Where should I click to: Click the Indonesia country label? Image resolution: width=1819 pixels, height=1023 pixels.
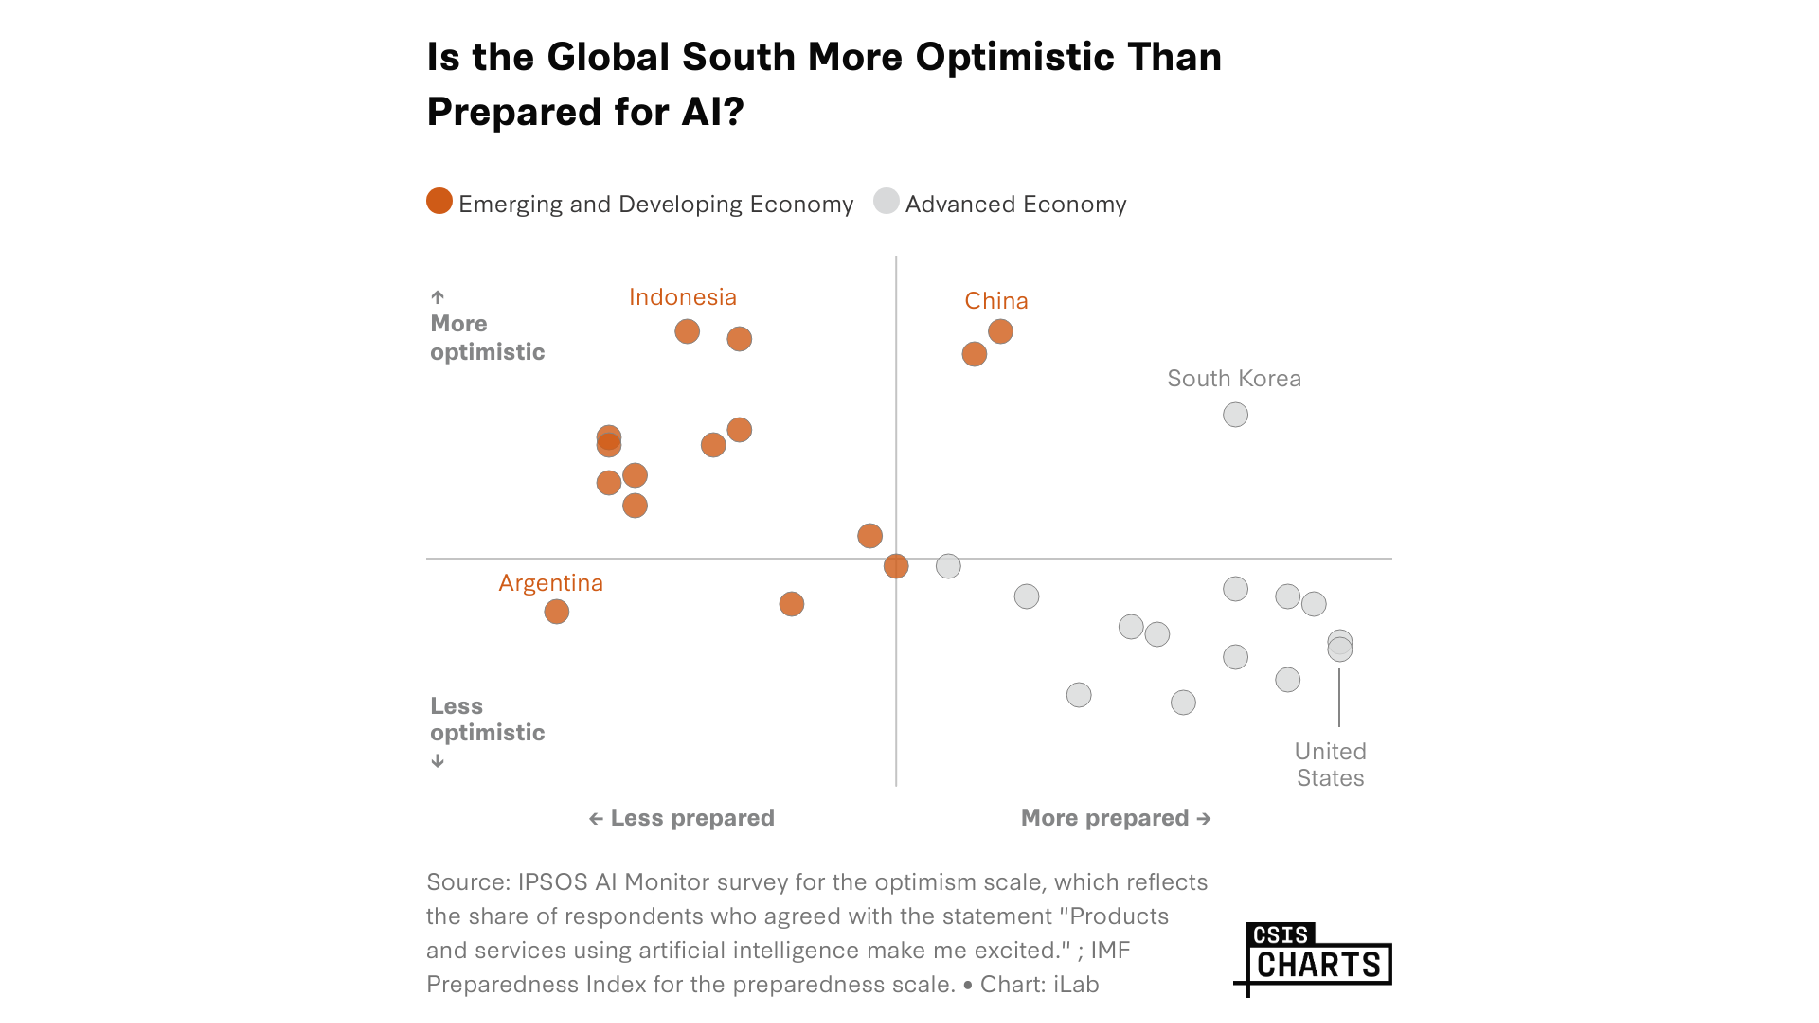coord(682,297)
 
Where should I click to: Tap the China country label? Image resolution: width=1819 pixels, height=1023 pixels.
coord(995,301)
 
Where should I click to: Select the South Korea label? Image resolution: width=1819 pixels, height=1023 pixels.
coord(1234,378)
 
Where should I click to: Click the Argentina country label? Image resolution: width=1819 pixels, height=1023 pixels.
coord(551,583)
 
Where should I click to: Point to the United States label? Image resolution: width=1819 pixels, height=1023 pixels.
coord(1330,764)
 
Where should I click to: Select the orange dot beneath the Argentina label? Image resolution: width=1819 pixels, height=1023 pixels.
coord(556,612)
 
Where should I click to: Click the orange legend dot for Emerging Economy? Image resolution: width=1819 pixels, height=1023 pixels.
coord(439,201)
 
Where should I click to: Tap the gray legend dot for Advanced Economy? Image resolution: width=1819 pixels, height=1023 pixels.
coord(886,201)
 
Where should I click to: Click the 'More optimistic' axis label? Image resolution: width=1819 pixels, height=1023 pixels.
coord(487,338)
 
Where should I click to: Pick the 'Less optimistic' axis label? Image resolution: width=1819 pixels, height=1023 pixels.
coord(487,719)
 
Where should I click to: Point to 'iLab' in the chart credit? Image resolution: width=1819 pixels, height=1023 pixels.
coord(1075,984)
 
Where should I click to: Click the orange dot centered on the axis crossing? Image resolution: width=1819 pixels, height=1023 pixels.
coord(896,566)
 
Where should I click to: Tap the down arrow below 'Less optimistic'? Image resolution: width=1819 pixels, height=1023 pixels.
coord(438,761)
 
